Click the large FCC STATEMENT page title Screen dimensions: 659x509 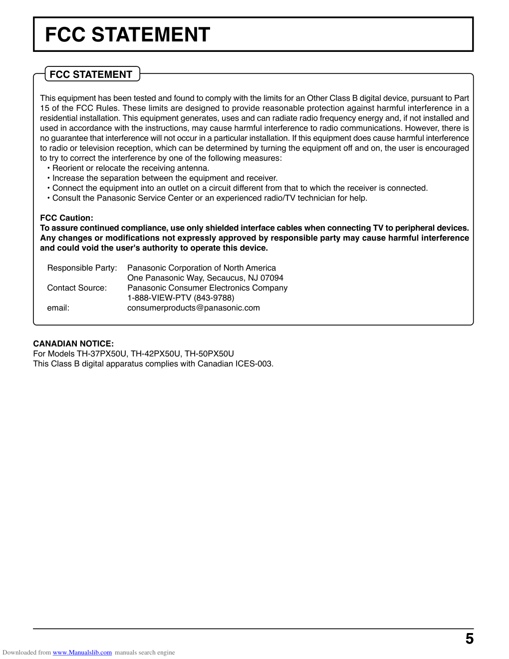(127, 35)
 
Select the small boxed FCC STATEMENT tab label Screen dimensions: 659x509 (91, 74)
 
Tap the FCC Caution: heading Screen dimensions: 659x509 (66, 218)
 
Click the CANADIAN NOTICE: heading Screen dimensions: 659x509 (73, 343)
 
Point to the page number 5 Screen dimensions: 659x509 (469, 639)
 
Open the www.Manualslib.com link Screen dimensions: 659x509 (82, 653)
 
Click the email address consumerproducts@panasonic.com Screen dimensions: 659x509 (194, 308)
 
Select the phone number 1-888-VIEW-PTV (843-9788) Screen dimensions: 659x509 (181, 298)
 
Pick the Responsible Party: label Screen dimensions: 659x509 (82, 268)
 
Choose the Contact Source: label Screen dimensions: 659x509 (77, 288)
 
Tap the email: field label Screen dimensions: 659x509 (58, 308)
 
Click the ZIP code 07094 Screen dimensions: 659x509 (272, 278)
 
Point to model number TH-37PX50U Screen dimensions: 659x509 (101, 353)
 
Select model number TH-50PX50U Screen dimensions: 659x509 (209, 353)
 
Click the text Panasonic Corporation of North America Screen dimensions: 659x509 (202, 268)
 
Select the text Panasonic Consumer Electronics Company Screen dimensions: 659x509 (208, 288)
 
